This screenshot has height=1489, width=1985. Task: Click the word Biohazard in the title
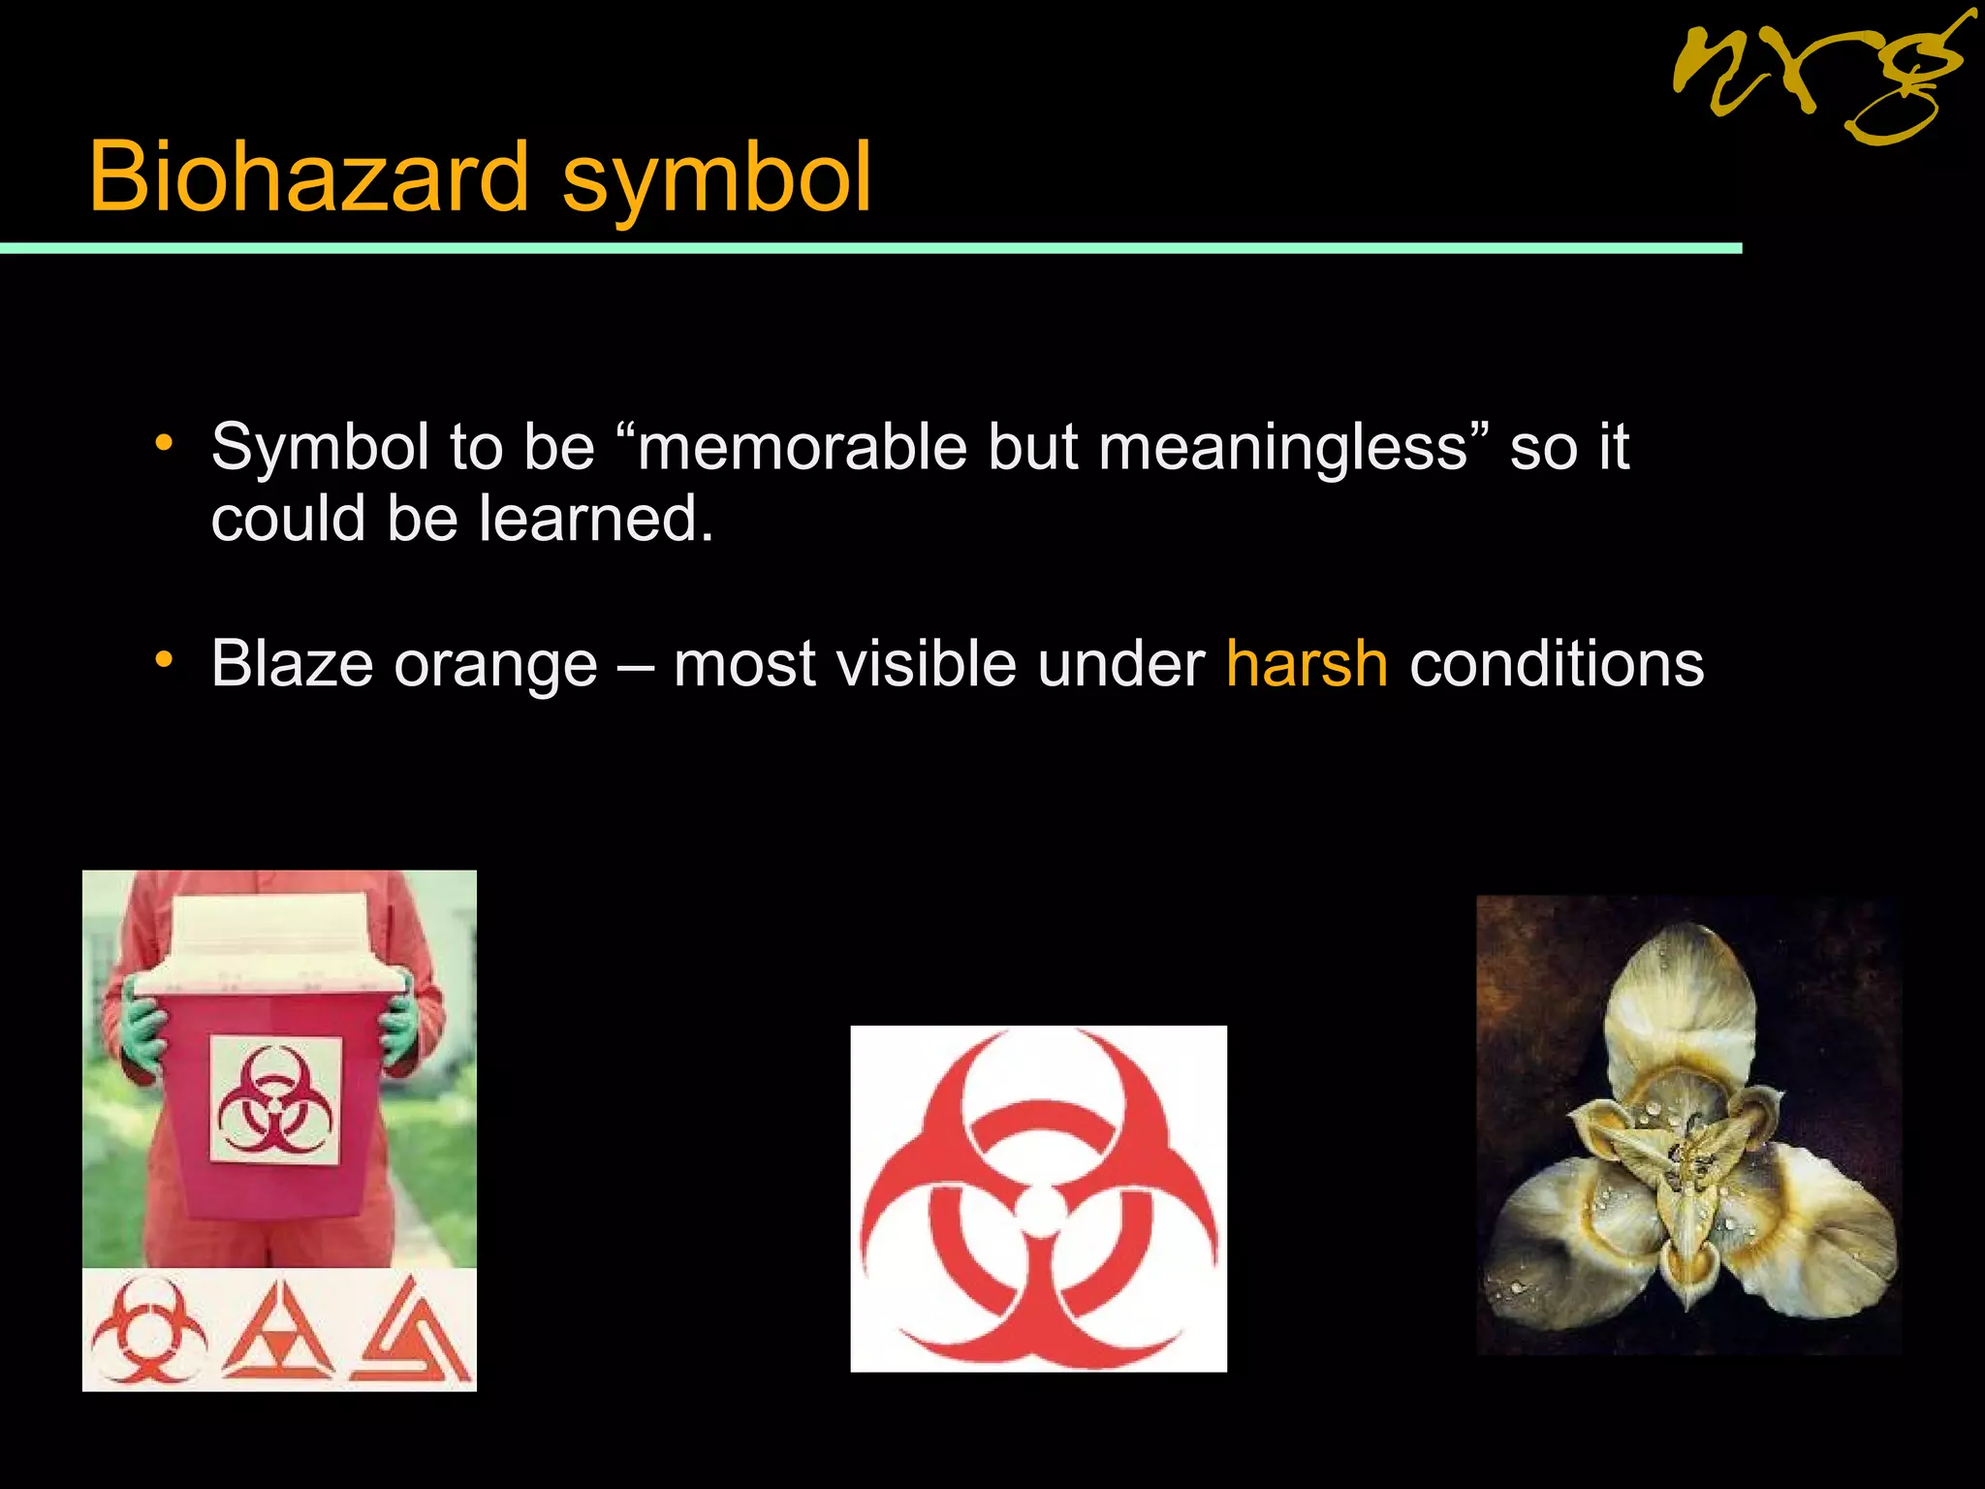click(x=308, y=176)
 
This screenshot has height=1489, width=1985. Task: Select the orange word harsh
click(x=1307, y=664)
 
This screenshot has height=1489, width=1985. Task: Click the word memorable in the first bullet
click(x=803, y=447)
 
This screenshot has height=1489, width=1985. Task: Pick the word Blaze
click(x=292, y=664)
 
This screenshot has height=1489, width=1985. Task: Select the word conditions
click(x=1557, y=664)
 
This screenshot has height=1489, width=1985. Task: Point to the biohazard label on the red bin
click(x=275, y=1101)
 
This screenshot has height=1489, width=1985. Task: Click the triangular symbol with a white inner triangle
click(x=278, y=1334)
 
